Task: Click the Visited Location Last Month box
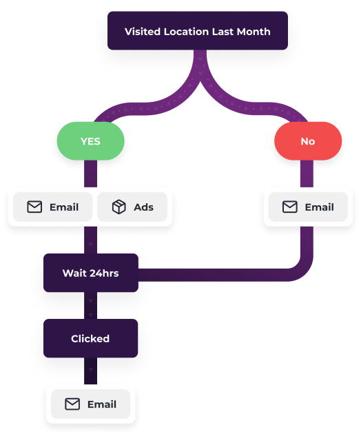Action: coord(198,30)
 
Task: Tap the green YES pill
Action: coord(91,141)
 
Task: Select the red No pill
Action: coord(308,141)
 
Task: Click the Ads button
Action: coord(132,207)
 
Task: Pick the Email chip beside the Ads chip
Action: coord(52,207)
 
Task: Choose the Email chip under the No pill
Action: coord(308,207)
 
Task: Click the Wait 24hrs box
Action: coord(91,273)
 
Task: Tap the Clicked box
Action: coord(91,338)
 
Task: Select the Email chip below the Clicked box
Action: coord(91,404)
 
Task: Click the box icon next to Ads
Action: coord(119,207)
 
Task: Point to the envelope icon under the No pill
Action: coord(290,207)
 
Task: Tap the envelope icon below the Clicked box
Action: coord(72,404)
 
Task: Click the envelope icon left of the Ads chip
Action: coord(34,207)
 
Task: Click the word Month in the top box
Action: coord(254,32)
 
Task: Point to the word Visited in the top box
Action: coord(143,32)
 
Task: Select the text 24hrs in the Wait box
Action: coord(104,273)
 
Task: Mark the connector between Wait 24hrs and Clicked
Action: coord(91,306)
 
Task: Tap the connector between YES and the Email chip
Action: coord(91,174)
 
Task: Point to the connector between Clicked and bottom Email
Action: coord(91,371)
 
